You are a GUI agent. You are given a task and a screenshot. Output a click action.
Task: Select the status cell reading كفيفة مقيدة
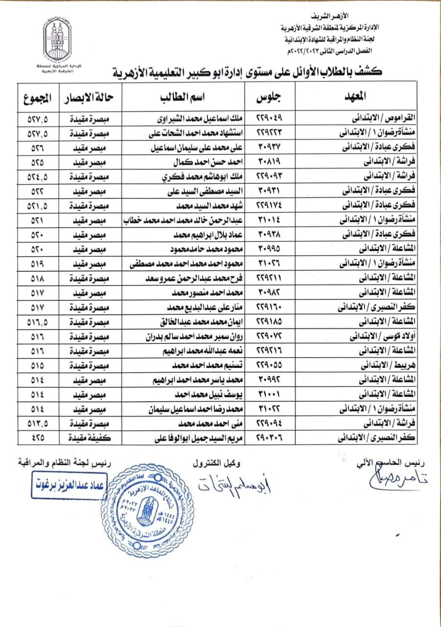(87, 438)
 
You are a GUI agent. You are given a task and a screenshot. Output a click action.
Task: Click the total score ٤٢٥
(38, 438)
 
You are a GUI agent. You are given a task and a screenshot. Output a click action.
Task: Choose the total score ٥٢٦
(38, 148)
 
